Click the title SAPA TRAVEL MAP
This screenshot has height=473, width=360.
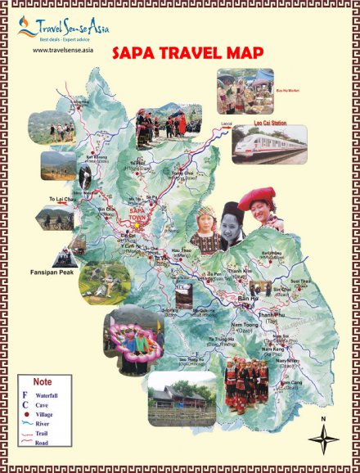coord(187,53)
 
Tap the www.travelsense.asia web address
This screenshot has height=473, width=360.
coord(63,50)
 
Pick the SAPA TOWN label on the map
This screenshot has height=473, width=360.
coord(135,210)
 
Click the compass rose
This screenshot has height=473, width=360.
coord(324,440)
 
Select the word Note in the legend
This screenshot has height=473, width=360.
coord(42,382)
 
